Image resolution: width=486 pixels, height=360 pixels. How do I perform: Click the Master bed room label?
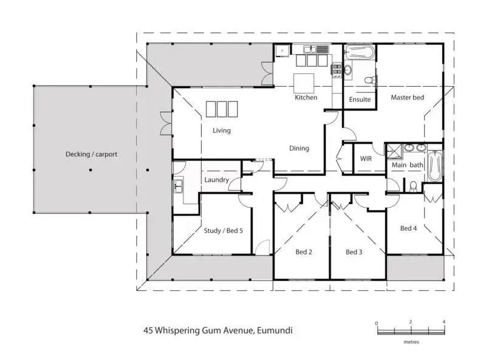(x=407, y=97)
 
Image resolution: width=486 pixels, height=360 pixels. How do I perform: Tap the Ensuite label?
(x=360, y=100)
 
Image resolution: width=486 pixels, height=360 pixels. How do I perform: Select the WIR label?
(x=366, y=158)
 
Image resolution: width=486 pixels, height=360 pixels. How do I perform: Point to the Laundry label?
(x=216, y=180)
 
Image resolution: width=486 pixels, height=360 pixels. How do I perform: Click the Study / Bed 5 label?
(x=223, y=231)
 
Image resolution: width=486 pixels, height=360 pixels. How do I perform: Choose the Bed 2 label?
(x=304, y=252)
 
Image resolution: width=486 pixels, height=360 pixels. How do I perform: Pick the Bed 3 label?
(x=354, y=252)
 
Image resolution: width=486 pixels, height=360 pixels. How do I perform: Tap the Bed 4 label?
(x=408, y=228)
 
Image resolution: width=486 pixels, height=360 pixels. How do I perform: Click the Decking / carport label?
(x=92, y=154)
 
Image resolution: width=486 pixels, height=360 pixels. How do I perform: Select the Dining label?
(x=299, y=148)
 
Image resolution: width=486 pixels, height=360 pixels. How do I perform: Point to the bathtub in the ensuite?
(x=360, y=52)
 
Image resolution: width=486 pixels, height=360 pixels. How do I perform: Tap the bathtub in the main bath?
(x=435, y=166)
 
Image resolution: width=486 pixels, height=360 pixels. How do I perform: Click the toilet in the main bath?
(x=414, y=186)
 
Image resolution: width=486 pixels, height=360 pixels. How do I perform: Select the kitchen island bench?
(x=304, y=83)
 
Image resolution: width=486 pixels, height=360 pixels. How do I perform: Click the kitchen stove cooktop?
(x=337, y=70)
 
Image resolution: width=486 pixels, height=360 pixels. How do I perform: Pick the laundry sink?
(x=178, y=186)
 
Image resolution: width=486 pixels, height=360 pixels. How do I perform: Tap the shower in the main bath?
(x=394, y=152)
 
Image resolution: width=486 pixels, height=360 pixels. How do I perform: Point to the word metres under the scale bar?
(x=411, y=342)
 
